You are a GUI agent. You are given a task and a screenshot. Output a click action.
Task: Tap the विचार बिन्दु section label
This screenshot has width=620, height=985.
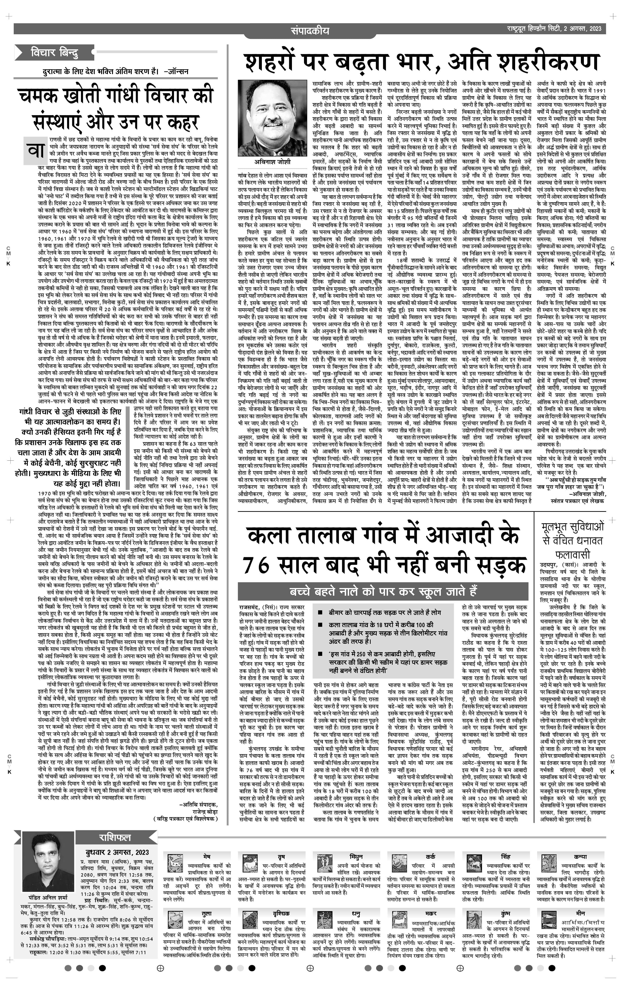[x=54, y=53]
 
